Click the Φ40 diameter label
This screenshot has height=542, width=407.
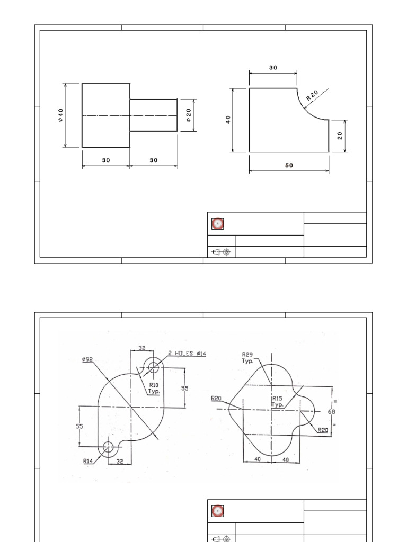(x=61, y=115)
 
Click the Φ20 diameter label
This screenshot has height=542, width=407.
(x=189, y=115)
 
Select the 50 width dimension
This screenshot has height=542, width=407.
(x=289, y=165)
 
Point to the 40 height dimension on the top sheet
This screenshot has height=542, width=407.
(x=228, y=120)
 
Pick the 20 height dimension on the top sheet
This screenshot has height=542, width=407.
(x=340, y=135)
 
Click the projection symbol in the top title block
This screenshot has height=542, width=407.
(x=222, y=252)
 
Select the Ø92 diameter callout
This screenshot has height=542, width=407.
(x=87, y=359)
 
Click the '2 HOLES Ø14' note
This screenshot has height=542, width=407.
(x=187, y=353)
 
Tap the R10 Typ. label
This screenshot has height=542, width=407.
(x=154, y=388)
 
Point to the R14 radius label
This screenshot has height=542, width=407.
(x=88, y=461)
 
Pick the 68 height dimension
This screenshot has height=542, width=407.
(x=332, y=411)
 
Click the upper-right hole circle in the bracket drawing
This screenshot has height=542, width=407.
(x=154, y=366)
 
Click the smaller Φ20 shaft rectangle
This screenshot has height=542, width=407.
(x=154, y=115)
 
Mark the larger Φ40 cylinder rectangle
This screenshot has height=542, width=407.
(x=106, y=115)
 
